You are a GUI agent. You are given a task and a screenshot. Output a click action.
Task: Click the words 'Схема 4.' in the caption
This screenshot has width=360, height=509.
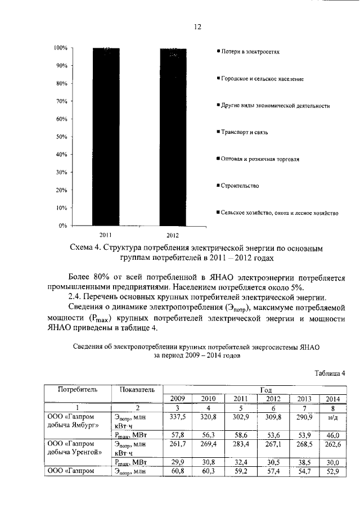pos(85,248)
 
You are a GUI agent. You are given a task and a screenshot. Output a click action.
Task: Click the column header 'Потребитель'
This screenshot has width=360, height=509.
pos(78,389)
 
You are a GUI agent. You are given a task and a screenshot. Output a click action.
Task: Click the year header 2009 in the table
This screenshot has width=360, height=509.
pos(177,398)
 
